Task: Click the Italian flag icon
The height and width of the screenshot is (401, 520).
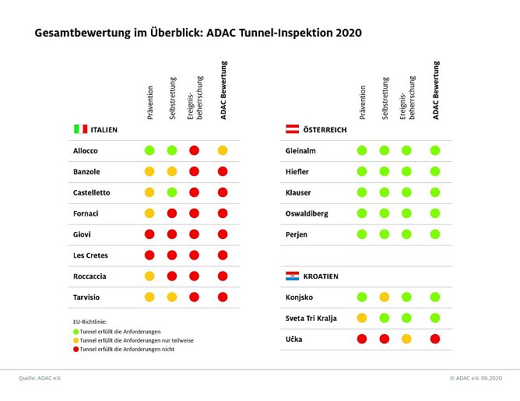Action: tap(80, 129)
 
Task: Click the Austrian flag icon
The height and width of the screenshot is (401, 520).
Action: tap(292, 129)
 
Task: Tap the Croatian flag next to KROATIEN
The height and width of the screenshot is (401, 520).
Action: tap(292, 276)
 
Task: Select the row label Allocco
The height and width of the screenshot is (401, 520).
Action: tap(86, 150)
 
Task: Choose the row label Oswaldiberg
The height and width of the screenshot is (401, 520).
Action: tap(307, 213)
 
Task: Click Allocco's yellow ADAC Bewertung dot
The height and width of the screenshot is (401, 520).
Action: tap(223, 150)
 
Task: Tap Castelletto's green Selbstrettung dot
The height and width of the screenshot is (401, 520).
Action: tap(171, 192)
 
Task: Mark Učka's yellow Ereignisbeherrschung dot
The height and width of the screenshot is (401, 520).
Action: tap(406, 339)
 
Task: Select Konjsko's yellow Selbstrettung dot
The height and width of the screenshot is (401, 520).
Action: tap(384, 297)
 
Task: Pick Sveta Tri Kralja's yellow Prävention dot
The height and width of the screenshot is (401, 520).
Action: tap(361, 318)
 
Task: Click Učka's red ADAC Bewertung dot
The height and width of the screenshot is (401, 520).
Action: tap(435, 339)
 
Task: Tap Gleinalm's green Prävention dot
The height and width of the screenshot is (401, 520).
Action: tap(361, 150)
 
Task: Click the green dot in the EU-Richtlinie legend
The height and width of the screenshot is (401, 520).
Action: tap(75, 330)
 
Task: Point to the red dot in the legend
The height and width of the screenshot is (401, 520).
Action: tap(75, 349)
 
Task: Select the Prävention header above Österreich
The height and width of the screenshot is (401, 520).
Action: tap(362, 102)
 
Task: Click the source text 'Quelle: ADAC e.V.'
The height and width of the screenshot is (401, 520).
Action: tap(40, 378)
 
